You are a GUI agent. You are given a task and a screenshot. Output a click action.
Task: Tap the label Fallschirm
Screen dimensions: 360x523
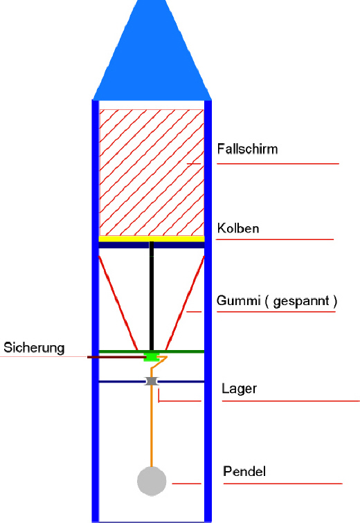point(247,149)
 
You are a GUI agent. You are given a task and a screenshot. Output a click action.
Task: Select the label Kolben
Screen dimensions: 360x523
point(238,228)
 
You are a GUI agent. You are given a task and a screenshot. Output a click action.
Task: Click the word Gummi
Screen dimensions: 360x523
point(238,300)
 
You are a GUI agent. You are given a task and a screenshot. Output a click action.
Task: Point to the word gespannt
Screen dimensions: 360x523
point(301,302)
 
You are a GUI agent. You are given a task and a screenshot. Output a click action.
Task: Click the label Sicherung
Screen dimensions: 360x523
point(34,348)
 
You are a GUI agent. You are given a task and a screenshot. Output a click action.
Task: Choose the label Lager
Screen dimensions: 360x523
point(240,389)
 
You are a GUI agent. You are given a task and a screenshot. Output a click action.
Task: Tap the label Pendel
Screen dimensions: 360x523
point(244,471)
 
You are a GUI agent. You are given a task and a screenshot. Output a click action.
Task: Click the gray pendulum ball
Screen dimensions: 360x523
point(152,481)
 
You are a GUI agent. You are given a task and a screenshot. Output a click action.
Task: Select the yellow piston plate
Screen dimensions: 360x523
point(152,239)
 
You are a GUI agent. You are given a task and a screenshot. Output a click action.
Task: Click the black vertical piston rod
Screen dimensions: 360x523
point(152,295)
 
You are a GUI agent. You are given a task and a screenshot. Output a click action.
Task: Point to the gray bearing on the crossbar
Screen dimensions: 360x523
point(152,381)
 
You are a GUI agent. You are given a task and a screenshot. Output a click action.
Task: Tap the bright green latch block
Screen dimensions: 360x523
point(152,356)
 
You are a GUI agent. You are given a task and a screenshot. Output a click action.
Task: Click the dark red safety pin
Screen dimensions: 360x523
point(116,357)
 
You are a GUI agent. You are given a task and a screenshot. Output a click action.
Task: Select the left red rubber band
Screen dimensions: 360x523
point(118,303)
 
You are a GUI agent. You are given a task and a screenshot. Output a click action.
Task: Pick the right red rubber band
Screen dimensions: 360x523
point(185,303)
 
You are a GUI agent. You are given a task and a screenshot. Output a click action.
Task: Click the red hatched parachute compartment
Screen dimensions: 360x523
point(152,172)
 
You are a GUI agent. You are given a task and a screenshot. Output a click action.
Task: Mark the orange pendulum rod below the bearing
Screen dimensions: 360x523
point(152,426)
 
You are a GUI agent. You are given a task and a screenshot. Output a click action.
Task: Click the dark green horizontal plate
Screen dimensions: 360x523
point(152,351)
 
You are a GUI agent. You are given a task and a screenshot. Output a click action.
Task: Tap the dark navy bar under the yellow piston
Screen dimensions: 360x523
point(152,245)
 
